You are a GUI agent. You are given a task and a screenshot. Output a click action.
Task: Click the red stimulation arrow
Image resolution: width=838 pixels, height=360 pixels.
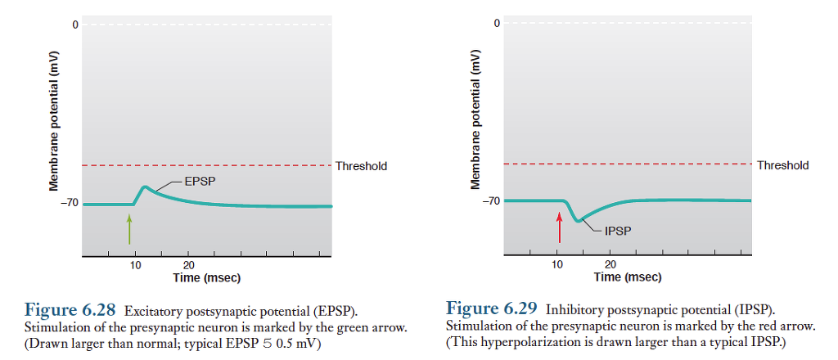pos(560,227)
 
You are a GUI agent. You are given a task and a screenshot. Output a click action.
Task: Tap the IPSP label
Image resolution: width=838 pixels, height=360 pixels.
pos(619,231)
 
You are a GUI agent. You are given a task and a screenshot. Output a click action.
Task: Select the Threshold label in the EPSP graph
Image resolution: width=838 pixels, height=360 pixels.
pos(361,166)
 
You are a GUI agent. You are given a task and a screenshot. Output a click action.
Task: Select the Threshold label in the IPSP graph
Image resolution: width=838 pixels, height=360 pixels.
pos(782,165)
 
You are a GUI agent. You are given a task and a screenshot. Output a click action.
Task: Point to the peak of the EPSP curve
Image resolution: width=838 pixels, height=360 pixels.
pos(145,187)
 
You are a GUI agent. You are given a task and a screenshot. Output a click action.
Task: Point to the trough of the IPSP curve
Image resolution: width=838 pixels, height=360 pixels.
pos(579,220)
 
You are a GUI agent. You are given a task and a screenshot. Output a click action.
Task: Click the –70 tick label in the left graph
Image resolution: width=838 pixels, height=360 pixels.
pos(69,202)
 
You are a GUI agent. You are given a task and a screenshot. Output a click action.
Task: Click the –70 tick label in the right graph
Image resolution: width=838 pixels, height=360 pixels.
pos(490,200)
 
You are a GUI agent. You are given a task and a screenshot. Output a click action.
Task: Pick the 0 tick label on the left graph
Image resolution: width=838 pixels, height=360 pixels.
pos(74,25)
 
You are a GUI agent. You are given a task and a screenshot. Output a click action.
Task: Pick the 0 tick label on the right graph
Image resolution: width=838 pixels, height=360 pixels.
pos(496,23)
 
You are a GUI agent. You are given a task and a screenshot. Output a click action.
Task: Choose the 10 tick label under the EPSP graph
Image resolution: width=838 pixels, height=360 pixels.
pos(136,266)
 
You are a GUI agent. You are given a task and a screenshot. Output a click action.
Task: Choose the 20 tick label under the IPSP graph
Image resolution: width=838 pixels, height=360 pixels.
pos(610,265)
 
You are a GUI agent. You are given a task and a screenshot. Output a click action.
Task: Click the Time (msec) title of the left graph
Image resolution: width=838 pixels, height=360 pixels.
pos(207,278)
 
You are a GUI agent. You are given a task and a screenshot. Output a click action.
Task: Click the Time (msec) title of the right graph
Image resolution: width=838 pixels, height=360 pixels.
pos(628,277)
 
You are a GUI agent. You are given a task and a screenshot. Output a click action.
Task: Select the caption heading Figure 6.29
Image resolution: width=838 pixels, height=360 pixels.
pos(492,308)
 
